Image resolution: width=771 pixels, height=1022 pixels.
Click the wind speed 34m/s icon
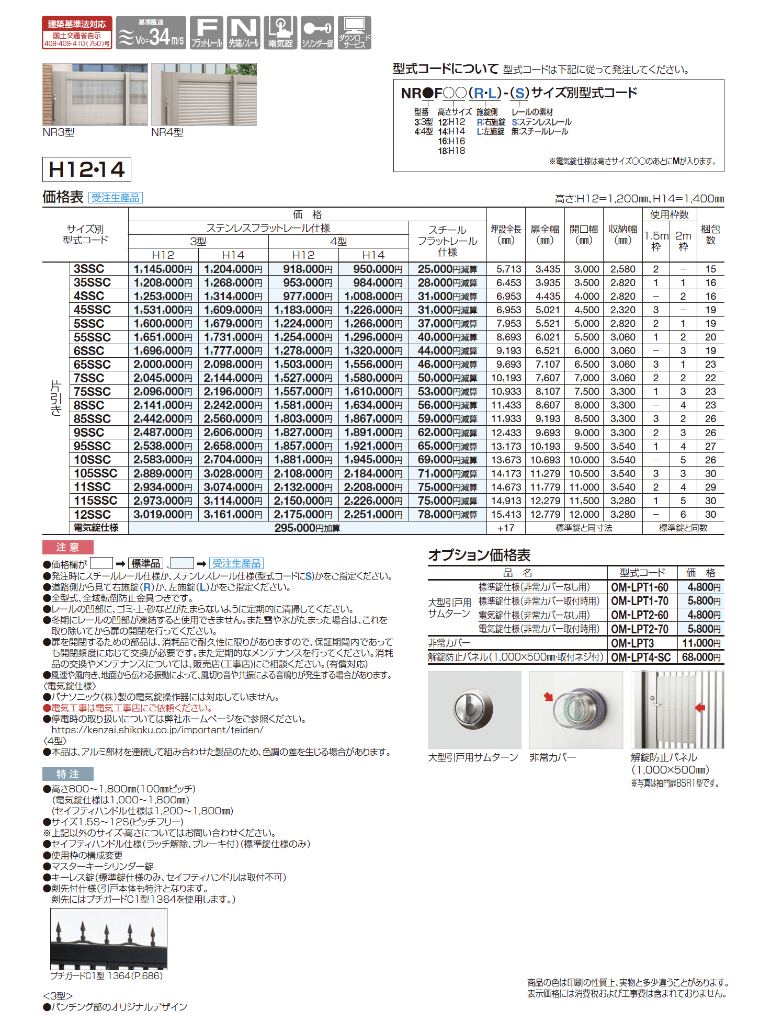coord(151,33)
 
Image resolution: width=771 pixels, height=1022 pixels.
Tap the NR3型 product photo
coord(95,94)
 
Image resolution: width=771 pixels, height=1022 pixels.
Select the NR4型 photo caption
coord(167,133)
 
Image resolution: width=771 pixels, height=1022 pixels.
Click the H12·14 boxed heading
coord(86,169)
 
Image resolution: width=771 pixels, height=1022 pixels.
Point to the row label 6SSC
coord(89,351)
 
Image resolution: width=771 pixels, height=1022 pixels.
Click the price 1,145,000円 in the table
coord(163,269)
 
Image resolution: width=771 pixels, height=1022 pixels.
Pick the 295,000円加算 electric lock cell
coord(307,528)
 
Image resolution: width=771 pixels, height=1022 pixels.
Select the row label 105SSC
coord(95,473)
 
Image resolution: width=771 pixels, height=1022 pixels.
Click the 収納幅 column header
coord(622,234)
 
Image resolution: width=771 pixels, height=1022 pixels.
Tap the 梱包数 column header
coord(710,234)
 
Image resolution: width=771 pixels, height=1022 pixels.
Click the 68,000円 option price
coord(701,657)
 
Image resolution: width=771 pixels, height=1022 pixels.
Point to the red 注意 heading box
coord(68,547)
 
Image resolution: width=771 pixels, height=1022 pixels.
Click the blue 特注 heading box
coord(68,774)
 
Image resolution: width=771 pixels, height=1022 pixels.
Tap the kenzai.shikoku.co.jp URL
coord(157,730)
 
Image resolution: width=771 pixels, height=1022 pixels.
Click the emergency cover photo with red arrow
coord(576,710)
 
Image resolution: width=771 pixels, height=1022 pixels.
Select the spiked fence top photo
coord(109,939)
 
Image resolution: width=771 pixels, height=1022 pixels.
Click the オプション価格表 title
coord(479,555)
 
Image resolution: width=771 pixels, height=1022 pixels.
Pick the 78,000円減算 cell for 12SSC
coord(447,515)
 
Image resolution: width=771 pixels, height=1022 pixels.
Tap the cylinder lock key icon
coord(317,33)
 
